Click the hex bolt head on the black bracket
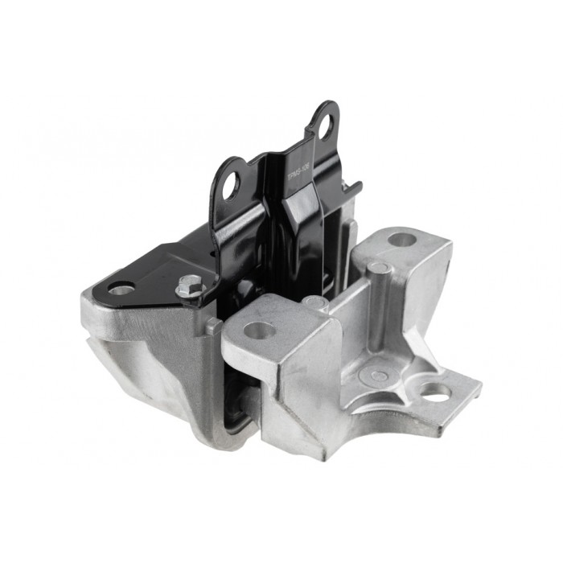click(191, 285)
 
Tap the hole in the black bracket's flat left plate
click(121, 288)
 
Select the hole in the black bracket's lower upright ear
click(231, 184)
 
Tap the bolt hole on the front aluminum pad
click(259, 330)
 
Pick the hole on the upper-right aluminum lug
click(401, 239)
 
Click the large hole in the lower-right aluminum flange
click(435, 392)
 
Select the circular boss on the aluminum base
click(376, 375)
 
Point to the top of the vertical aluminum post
click(379, 267)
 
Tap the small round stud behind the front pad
click(314, 302)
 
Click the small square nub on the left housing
click(212, 326)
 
